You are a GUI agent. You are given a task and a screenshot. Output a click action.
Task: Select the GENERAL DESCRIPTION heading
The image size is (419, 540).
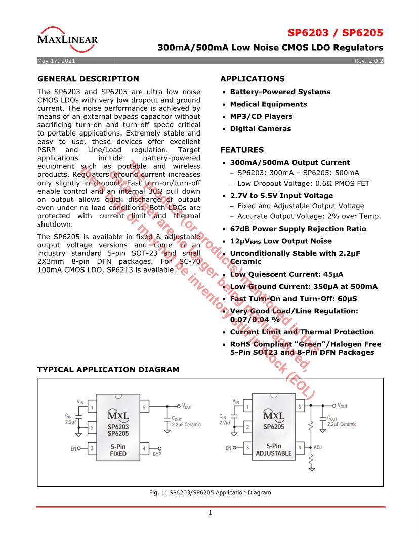coord(88,79)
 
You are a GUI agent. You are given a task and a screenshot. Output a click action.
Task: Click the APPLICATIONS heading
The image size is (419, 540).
coord(252,79)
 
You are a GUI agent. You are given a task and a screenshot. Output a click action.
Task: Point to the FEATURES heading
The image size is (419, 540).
coord(242,150)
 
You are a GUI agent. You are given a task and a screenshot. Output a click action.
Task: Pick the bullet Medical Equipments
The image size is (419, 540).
coord(268,104)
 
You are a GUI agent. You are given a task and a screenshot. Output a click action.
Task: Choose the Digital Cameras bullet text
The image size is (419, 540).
coord(260,129)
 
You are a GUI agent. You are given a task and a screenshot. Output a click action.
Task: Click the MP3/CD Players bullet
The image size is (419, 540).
coord(261,116)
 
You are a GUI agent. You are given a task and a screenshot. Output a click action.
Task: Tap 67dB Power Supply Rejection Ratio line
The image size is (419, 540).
coord(298,229)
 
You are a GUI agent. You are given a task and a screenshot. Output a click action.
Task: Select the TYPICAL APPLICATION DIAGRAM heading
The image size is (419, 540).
coord(108,370)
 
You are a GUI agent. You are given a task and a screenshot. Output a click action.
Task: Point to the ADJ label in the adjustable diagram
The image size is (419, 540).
coord(318,448)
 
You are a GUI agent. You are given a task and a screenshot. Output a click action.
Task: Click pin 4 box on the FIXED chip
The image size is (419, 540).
coord(144,448)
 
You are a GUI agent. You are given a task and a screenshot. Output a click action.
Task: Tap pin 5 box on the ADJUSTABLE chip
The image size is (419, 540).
coord(300,407)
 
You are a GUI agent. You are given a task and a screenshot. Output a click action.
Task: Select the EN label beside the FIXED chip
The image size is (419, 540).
coord(73,448)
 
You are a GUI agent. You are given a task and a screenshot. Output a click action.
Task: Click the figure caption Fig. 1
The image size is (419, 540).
coord(209,492)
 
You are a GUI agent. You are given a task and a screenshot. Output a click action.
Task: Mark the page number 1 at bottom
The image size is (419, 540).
coord(210,513)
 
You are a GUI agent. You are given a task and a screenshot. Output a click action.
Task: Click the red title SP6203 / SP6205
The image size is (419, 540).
coord(335,33)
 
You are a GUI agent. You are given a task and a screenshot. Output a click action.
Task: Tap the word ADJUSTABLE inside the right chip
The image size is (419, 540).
coord(274,453)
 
